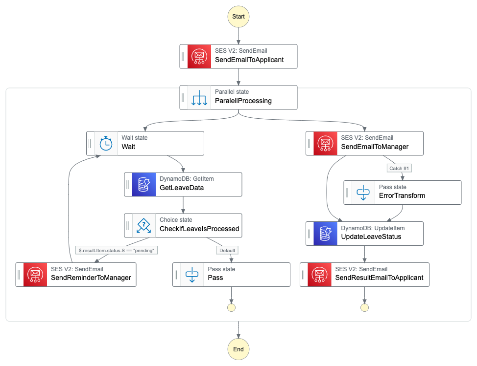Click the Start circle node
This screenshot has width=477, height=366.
coord(238,16)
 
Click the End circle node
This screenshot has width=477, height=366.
coord(238,349)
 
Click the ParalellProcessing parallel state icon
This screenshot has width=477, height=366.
coord(199,97)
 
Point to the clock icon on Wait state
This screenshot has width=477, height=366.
coord(106,143)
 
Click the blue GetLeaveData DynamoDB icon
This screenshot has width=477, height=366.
coord(143,184)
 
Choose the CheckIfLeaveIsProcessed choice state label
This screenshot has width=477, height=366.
coord(199,229)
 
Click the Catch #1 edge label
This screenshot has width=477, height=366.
coord(399,169)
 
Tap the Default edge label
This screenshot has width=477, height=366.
coord(227,250)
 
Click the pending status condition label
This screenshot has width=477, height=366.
coord(117,250)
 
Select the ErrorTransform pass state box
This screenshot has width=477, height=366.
coord(402,192)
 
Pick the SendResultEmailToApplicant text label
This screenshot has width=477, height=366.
coord(379,278)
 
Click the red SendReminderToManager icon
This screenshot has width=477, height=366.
coord(35,274)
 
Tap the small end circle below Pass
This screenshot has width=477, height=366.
coord(231,307)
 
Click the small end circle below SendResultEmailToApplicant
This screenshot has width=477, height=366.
coord(364,307)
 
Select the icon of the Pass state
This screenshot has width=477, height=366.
coord(192,274)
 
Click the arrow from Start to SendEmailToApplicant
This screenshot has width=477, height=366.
coord(238,35)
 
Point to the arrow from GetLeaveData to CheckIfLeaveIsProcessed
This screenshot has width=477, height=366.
coord(183,204)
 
